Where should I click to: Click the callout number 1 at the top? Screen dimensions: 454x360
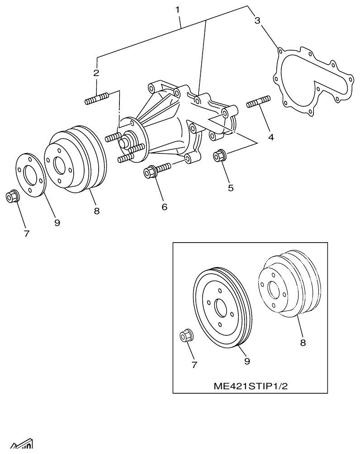click(178, 9)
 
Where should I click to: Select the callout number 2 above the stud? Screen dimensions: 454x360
click(96, 72)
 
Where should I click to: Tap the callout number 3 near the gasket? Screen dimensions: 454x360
click(257, 21)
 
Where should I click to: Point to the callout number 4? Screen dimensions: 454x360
click(270, 137)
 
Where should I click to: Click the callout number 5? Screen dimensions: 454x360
click(231, 188)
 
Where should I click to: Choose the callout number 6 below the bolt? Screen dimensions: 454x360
click(164, 206)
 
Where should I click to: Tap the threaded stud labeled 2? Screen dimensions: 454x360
click(96, 99)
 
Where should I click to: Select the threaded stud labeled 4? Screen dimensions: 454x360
click(258, 102)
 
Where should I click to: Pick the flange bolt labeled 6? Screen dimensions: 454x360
click(156, 171)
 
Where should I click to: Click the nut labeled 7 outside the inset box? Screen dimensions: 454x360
click(12, 197)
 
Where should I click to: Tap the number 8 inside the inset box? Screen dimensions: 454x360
click(303, 343)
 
